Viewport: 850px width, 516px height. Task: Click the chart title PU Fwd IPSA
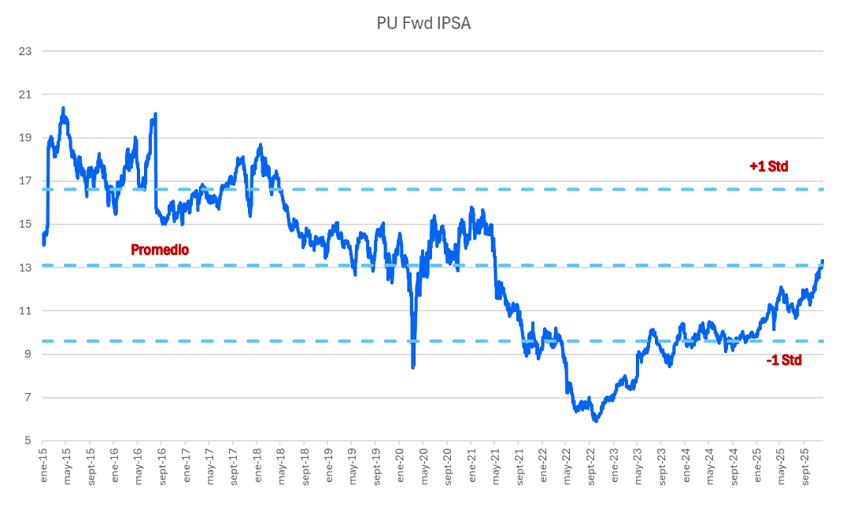[423, 24]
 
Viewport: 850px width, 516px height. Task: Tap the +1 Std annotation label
[768, 166]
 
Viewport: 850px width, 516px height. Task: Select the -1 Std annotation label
[783, 360]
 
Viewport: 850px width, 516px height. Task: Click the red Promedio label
[160, 250]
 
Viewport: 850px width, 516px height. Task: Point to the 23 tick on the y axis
[25, 51]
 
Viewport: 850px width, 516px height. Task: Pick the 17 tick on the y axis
[25, 181]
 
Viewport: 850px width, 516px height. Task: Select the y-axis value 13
[25, 268]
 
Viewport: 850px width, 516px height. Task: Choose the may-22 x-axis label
[565, 466]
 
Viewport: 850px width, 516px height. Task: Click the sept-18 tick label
[304, 468]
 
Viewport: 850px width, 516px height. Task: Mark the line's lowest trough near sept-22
[596, 421]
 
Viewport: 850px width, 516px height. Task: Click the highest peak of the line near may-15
[63, 108]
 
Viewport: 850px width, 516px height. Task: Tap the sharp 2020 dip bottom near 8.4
[412, 367]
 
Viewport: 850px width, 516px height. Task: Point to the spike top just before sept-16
[155, 114]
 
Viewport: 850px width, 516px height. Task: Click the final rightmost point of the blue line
[822, 261]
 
